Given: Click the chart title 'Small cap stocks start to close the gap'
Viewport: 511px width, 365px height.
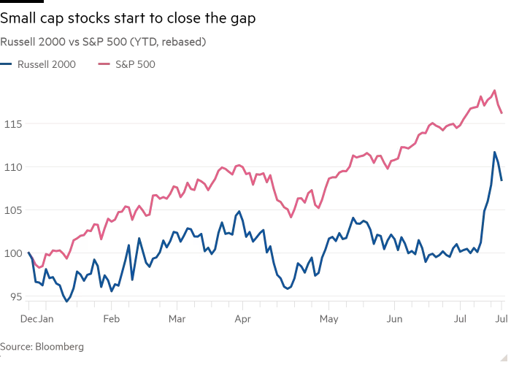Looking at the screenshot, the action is pyautogui.click(x=128, y=18).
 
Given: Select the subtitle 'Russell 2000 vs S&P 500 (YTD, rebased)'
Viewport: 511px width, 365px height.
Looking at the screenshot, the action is pyautogui.click(x=103, y=42).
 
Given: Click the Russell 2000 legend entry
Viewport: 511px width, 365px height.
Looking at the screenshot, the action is pyautogui.click(x=38, y=64).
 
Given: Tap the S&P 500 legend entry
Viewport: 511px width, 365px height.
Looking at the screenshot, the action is pyautogui.click(x=127, y=64).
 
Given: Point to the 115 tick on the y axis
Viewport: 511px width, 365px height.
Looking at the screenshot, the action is pyautogui.click(x=13, y=124).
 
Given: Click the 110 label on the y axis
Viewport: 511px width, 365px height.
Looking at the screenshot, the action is pyautogui.click(x=13, y=167).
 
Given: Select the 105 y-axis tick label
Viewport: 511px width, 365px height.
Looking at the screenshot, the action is pyautogui.click(x=13, y=210).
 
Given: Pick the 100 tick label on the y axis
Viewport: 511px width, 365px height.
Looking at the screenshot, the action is pyautogui.click(x=13, y=253).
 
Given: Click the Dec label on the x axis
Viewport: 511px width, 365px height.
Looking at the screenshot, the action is pyautogui.click(x=28, y=319).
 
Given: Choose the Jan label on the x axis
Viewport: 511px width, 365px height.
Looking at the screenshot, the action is pyautogui.click(x=46, y=319).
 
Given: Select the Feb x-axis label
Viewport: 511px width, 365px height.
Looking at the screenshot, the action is pyautogui.click(x=112, y=319).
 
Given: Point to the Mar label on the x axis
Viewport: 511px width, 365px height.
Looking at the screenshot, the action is pyautogui.click(x=177, y=319).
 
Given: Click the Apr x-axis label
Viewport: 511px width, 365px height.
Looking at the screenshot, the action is pyautogui.click(x=243, y=319).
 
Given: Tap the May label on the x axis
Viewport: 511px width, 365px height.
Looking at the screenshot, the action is pyautogui.click(x=328, y=319).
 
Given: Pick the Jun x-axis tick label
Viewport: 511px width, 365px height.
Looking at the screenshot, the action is pyautogui.click(x=394, y=319).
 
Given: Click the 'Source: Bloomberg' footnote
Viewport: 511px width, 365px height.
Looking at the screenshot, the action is pyautogui.click(x=42, y=347).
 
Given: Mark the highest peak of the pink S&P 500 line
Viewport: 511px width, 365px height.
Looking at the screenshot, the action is pyautogui.click(x=495, y=91).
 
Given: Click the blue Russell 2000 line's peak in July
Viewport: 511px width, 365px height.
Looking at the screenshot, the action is pyautogui.click(x=495, y=152).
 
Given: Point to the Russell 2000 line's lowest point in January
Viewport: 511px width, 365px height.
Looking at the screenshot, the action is pyautogui.click(x=67, y=301).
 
